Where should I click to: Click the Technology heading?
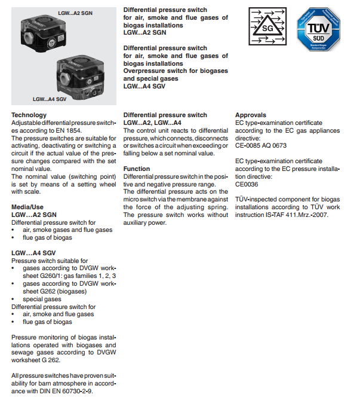click(x=29, y=115)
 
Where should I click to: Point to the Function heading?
click(x=137, y=169)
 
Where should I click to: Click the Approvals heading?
click(x=251, y=115)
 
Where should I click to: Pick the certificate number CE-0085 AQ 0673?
click(x=261, y=145)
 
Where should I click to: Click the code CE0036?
click(x=247, y=184)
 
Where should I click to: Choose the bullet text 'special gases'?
click(x=42, y=299)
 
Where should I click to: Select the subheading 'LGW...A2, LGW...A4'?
click(x=152, y=123)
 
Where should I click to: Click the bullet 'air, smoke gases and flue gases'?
click(x=67, y=230)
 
